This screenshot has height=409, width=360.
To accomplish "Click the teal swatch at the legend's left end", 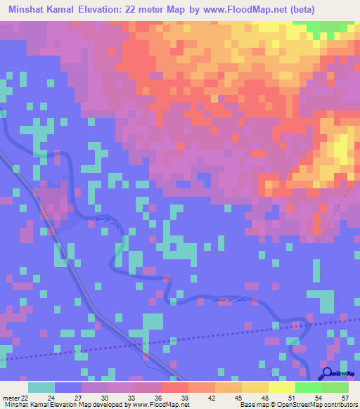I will [41, 387].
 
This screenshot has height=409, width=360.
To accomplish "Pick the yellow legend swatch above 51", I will [282, 387].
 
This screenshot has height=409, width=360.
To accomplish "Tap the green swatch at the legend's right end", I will [335, 387].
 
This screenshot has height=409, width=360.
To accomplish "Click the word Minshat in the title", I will [27, 10].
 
